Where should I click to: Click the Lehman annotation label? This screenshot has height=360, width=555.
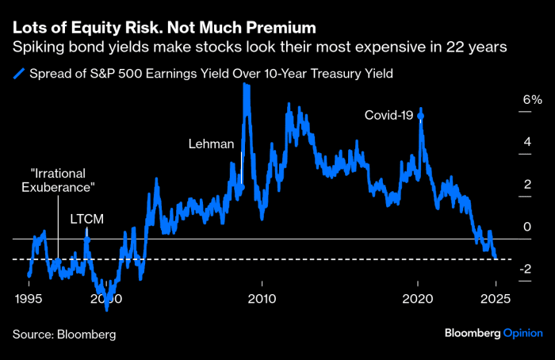coord(212,144)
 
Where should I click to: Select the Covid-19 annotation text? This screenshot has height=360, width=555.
coord(389,116)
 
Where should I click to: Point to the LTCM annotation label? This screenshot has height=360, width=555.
coord(87,217)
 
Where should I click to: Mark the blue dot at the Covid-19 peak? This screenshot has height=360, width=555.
coord(420,117)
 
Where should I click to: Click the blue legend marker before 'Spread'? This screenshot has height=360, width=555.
coord(17,75)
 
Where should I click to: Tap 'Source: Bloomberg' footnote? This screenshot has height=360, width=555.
coord(63,335)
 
